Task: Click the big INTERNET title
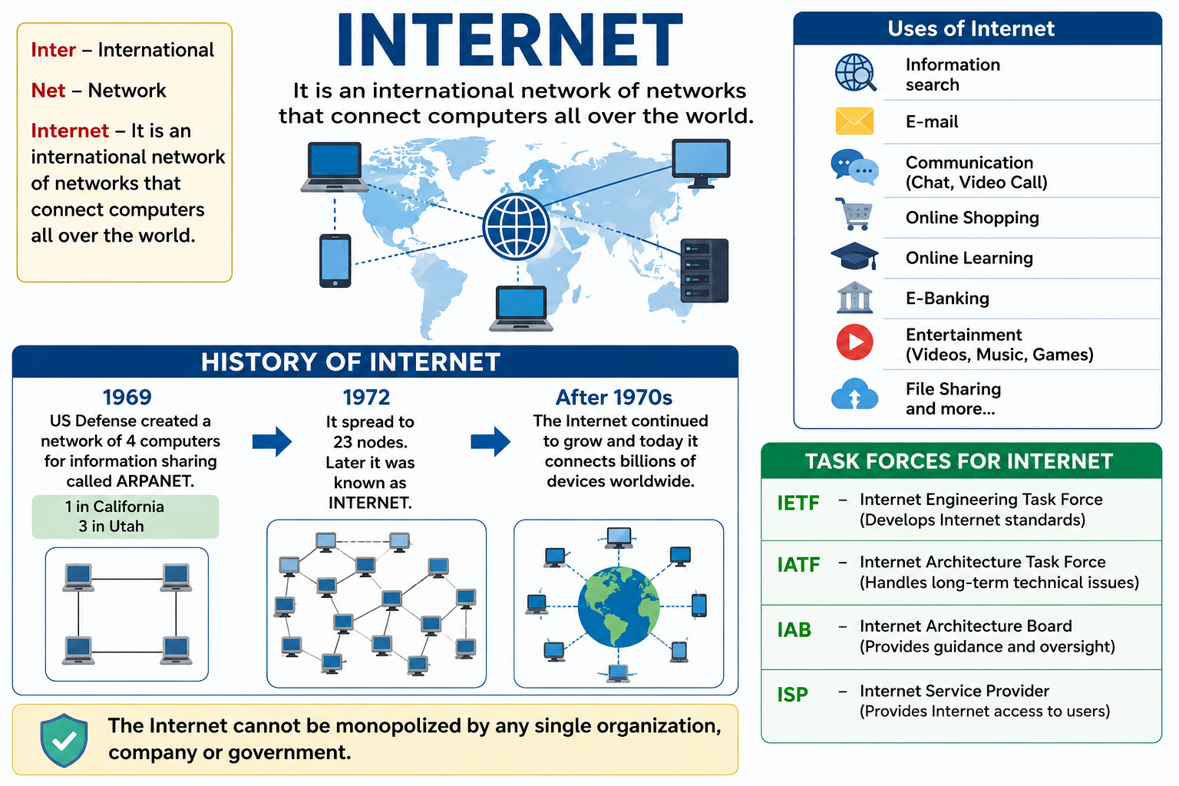pos(510,40)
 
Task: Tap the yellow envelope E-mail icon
pos(854,121)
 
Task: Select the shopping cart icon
pos(854,213)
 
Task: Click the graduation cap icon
pos(854,256)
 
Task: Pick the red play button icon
pos(855,342)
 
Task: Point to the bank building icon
pos(854,298)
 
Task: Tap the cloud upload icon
pos(855,395)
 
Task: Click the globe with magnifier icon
pos(855,73)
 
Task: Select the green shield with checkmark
pos(64,740)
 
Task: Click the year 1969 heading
pos(127,398)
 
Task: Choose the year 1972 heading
pos(366,398)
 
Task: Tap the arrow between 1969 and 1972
pos(272,441)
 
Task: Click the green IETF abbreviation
pos(798,504)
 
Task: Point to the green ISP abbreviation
pos(792,695)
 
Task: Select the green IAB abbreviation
pos(794,629)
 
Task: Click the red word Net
pos(48,91)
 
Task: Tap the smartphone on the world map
pos(335,261)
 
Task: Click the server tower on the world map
pos(704,271)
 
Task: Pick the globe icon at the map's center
pos(517,227)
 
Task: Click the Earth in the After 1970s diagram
pos(619,606)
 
